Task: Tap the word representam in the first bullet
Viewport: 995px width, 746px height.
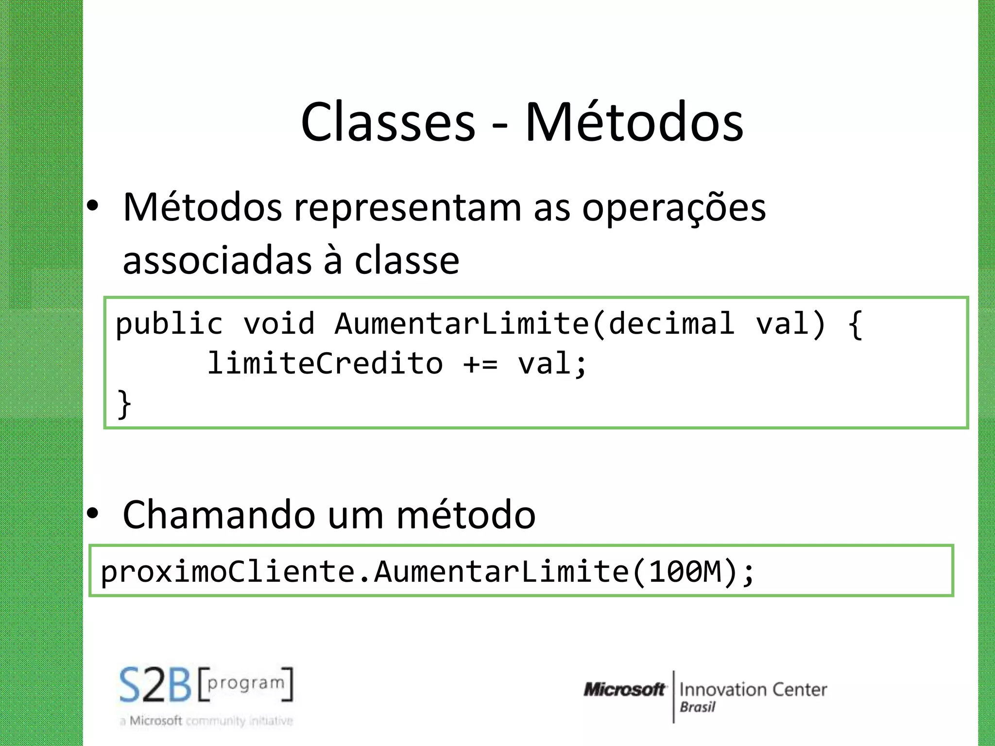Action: tap(408, 208)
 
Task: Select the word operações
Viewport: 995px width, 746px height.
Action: tap(673, 208)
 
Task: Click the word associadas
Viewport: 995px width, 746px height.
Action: tap(217, 260)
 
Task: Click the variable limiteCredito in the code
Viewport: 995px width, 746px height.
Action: tap(325, 363)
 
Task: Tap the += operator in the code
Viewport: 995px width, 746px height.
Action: tap(480, 364)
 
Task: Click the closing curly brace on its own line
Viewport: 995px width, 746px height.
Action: tap(124, 404)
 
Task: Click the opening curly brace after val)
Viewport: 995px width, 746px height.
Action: tap(855, 324)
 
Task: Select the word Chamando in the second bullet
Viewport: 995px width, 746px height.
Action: tap(219, 515)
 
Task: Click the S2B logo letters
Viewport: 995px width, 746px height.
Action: tap(155, 685)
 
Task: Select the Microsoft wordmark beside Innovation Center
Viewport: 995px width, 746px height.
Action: tap(624, 689)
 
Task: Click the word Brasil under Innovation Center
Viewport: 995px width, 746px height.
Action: tap(697, 707)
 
